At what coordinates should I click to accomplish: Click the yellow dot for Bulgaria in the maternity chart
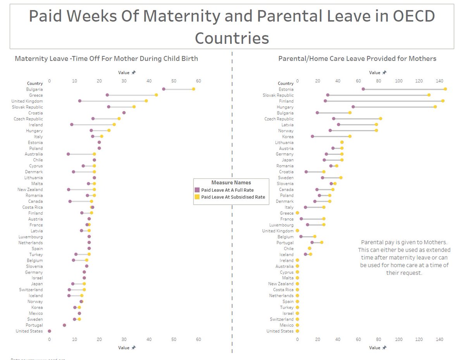click(x=193, y=89)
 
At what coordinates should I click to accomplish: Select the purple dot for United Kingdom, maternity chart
click(x=80, y=101)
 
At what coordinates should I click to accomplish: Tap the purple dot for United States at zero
click(x=49, y=331)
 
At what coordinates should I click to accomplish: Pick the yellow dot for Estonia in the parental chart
click(x=445, y=89)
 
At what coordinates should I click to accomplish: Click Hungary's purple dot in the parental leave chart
click(x=353, y=107)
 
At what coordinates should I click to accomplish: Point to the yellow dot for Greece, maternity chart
click(x=156, y=95)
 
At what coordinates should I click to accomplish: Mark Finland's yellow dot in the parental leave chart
click(x=443, y=101)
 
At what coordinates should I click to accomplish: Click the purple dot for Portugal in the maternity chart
click(x=64, y=325)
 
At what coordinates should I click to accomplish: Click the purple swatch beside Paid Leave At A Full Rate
click(x=197, y=190)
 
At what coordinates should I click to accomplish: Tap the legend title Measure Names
click(x=231, y=183)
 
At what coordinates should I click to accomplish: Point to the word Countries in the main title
click(x=232, y=38)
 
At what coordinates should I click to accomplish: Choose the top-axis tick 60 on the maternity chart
click(x=198, y=81)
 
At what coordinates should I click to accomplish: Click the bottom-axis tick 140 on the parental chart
click(x=439, y=339)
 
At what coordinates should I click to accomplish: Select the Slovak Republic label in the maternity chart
click(x=28, y=107)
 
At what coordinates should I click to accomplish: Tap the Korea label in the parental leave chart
click(x=288, y=137)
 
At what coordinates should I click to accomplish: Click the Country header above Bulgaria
click(x=35, y=83)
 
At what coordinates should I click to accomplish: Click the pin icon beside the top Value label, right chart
click(x=384, y=72)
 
